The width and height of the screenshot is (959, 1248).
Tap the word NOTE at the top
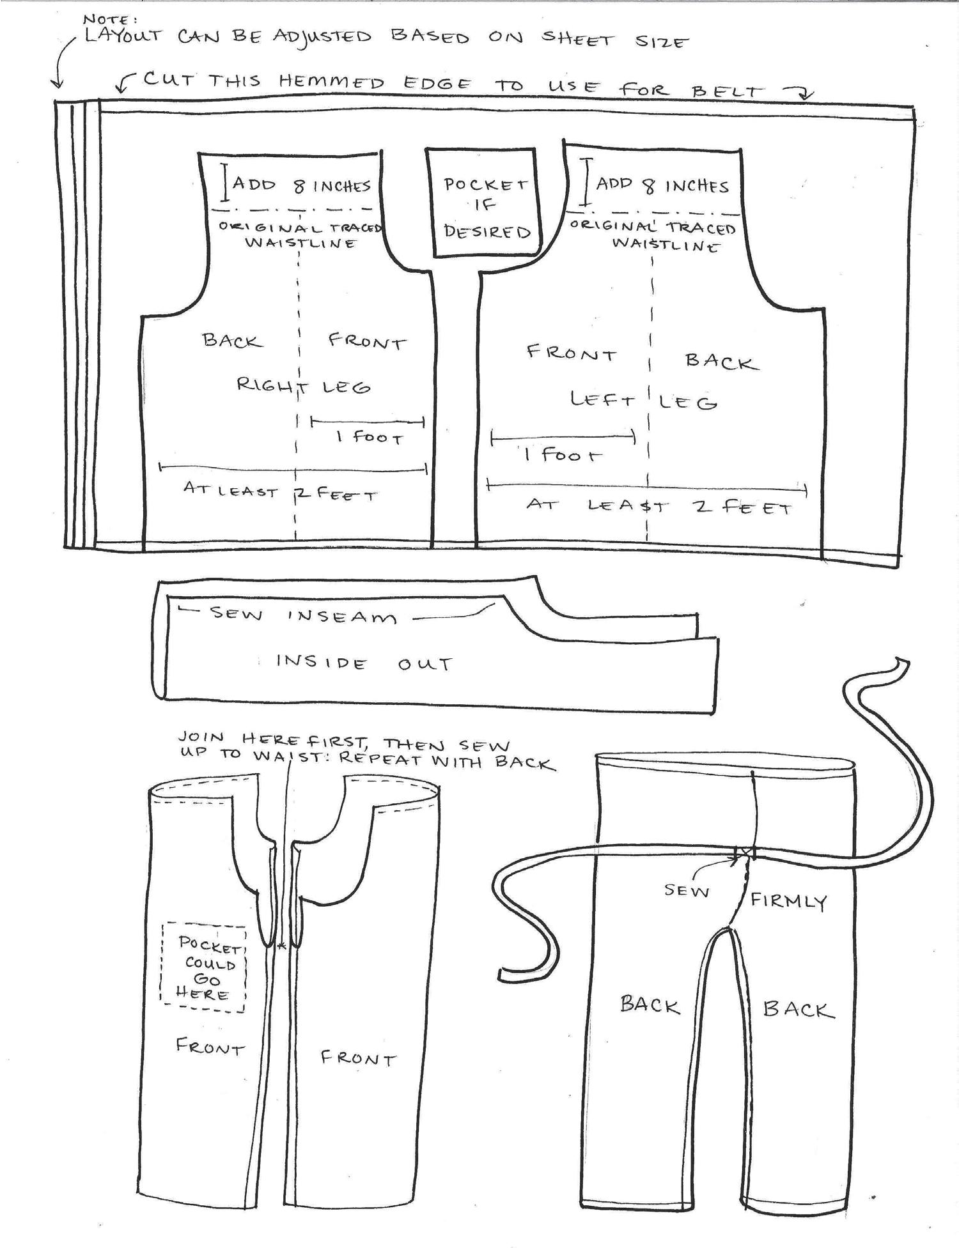pos(109,19)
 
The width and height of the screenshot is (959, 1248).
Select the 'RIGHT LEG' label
pos(303,385)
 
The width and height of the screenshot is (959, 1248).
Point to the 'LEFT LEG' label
pos(643,401)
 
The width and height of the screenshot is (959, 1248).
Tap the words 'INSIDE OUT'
pos(364,663)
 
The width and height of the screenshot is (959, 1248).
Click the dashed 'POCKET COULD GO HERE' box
pos(204,967)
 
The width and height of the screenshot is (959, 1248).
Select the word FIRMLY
pos(788,901)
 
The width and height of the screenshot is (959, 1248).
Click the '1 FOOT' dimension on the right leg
pos(370,437)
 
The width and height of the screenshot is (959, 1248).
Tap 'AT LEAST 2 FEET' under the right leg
pos(280,492)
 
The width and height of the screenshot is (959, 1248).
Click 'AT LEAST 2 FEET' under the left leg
pos(659,506)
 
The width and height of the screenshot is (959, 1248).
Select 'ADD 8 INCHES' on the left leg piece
pos(662,185)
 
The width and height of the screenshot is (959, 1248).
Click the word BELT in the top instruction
pos(728,91)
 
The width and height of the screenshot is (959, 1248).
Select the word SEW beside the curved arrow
pos(687,890)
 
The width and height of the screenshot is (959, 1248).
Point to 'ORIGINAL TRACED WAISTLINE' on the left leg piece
pos(653,235)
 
